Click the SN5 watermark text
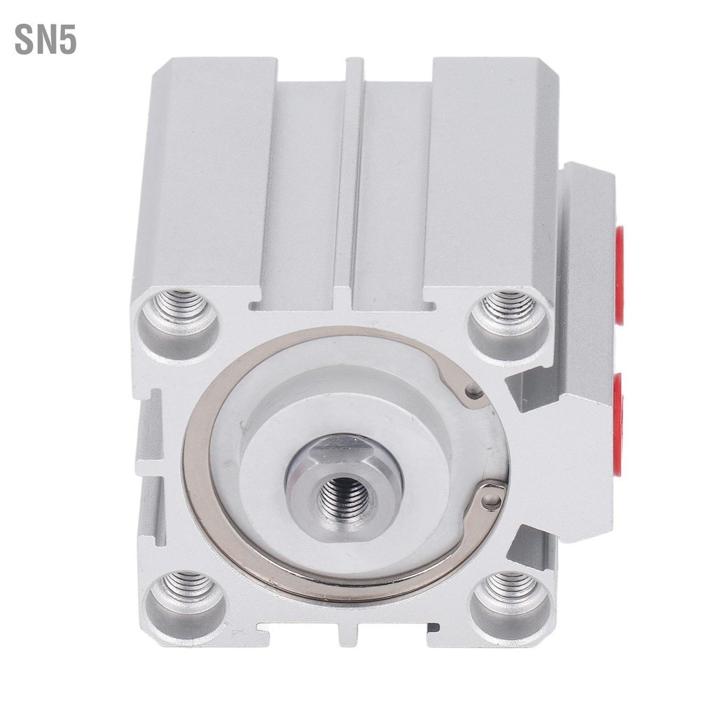click(x=46, y=41)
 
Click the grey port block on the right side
click(x=585, y=350)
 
